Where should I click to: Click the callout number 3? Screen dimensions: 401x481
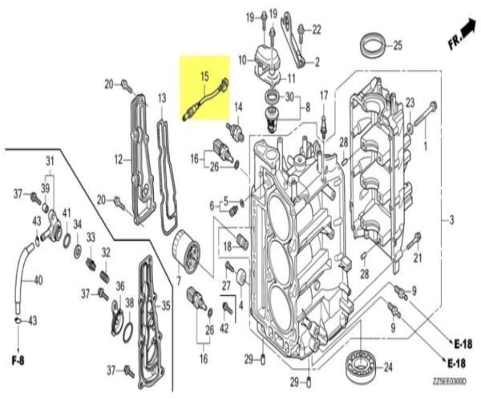pos(452,220)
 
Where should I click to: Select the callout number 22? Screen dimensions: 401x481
pos(316,29)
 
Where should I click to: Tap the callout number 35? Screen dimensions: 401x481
pos(166,305)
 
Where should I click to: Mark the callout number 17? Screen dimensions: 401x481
pos(325,95)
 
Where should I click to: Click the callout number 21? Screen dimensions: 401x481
pos(418,257)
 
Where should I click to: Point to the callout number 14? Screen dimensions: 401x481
pos(237,107)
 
